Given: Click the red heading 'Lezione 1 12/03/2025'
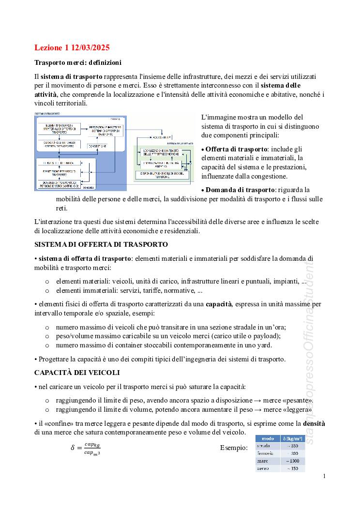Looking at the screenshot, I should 72,47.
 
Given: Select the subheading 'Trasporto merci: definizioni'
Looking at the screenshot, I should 78,63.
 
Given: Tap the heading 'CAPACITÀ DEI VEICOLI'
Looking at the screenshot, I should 77,373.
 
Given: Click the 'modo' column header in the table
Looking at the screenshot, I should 268,438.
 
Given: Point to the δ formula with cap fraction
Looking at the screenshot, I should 86,449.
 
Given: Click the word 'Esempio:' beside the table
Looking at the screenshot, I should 234,448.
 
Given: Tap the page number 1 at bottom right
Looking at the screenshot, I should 325,477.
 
